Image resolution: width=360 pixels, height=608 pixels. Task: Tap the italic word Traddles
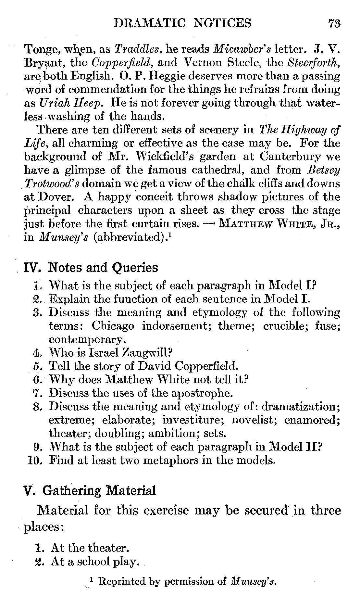[x=137, y=49]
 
